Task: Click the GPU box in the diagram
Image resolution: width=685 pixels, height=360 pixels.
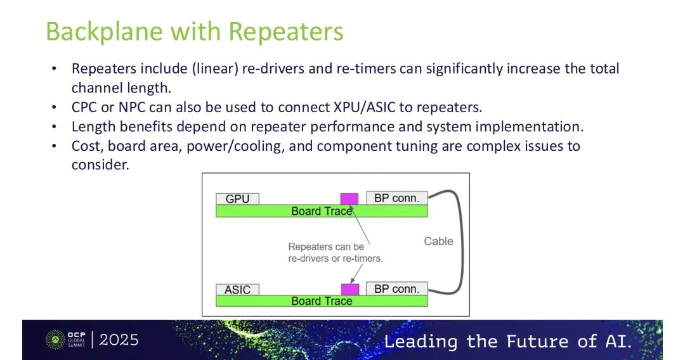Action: [x=237, y=198]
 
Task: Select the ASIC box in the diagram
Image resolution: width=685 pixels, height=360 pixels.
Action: [x=237, y=290]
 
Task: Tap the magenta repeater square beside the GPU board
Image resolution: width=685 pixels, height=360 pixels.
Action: [x=349, y=198]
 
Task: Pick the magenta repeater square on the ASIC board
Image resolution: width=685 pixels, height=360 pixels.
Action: [x=350, y=289]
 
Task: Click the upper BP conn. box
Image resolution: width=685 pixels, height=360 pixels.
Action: [x=397, y=198]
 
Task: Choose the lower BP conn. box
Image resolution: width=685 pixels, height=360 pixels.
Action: [x=397, y=289]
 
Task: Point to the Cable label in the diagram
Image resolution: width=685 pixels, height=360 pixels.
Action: [x=438, y=241]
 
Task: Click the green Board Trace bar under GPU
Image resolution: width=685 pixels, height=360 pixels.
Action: [x=321, y=211]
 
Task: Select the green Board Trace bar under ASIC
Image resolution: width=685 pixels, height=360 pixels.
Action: [x=321, y=301]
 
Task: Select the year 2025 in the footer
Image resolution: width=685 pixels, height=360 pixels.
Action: [x=119, y=340]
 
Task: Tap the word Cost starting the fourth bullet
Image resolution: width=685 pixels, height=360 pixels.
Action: [x=86, y=146]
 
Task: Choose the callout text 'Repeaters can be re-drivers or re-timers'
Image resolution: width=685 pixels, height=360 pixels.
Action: [x=336, y=252]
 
